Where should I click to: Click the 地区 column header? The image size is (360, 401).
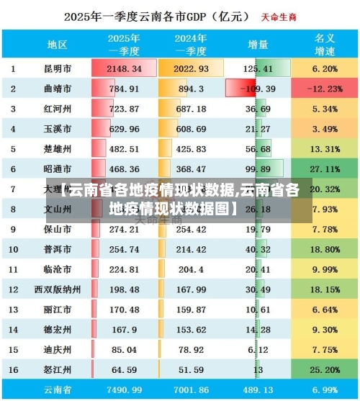[x=57, y=45]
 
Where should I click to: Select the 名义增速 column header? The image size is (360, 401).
[x=325, y=45]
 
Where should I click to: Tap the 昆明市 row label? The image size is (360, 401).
[x=58, y=69]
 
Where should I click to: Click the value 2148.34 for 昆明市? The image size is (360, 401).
[x=124, y=69]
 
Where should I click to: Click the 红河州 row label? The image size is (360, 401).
[x=58, y=109]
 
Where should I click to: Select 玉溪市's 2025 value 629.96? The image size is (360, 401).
[x=124, y=130]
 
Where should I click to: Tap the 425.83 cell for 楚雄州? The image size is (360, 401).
[x=192, y=150]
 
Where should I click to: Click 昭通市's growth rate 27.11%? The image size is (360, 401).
[x=325, y=169]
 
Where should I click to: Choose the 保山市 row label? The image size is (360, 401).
[x=58, y=230]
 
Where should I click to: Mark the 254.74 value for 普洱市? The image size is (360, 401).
[x=124, y=250]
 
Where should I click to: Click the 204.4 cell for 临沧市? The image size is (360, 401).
[x=192, y=269]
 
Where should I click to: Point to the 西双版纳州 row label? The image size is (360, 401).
[x=58, y=289]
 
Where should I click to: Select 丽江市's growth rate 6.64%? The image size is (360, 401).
[x=325, y=310]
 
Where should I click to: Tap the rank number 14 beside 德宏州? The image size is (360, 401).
[x=14, y=330]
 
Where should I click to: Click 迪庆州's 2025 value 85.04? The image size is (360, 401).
[x=124, y=350]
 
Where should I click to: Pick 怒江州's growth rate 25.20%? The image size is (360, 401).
[x=325, y=369]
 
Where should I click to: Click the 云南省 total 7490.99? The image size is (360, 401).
[x=124, y=389]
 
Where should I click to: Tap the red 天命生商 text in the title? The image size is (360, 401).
[x=280, y=15]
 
